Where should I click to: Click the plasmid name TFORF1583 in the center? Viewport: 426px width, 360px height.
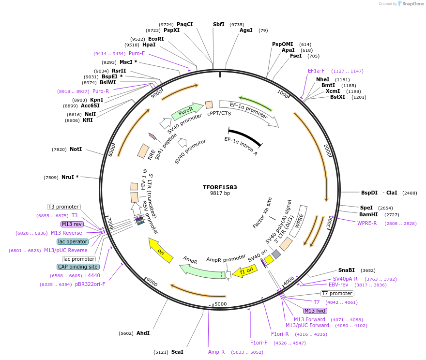(x=220, y=187)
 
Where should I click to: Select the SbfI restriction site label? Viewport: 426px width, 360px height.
(x=219, y=24)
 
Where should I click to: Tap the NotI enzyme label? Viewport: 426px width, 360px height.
(x=76, y=150)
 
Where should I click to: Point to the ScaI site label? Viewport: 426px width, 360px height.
(x=177, y=352)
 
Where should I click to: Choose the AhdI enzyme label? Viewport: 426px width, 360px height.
(x=143, y=333)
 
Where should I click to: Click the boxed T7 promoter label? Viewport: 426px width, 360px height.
(x=337, y=293)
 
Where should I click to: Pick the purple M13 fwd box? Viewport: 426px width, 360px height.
(x=315, y=311)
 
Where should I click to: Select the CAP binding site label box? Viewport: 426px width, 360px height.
(x=78, y=267)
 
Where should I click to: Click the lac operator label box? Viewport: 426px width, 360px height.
(x=73, y=241)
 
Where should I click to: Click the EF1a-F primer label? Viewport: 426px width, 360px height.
(x=317, y=71)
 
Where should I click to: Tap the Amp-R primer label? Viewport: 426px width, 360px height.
(x=216, y=352)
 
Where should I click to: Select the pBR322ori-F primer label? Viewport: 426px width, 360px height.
(x=90, y=284)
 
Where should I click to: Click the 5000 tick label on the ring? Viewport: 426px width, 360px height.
(x=221, y=304)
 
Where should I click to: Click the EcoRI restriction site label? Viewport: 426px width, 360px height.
(x=156, y=39)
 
